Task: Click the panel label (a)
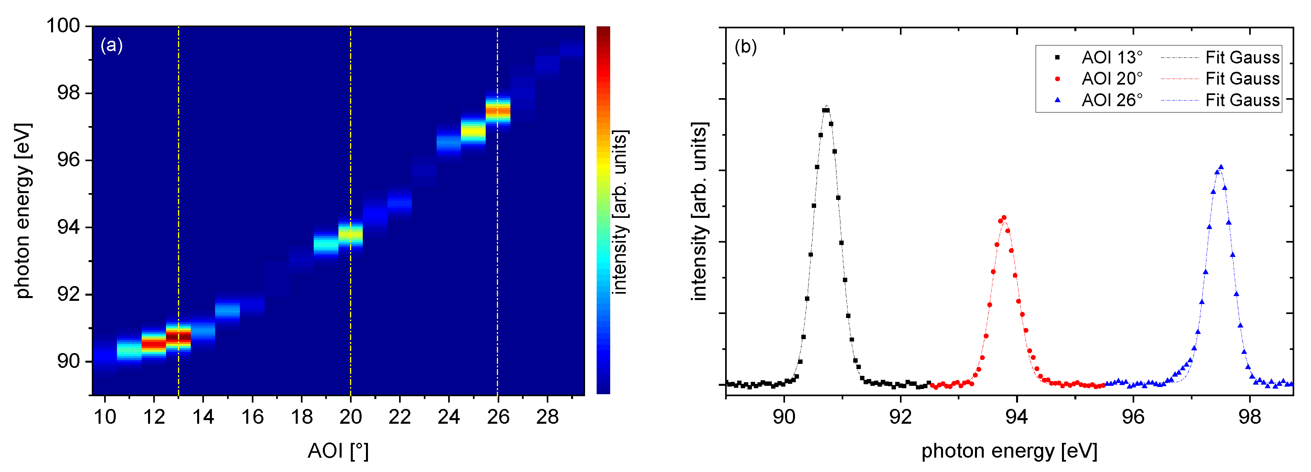111,46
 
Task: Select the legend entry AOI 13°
1111,57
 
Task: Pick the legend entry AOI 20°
1111,79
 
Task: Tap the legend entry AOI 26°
1111,100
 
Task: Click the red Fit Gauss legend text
1242,79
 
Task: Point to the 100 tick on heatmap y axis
63,26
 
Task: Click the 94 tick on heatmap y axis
68,227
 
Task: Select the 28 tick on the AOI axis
547,417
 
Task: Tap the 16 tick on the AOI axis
253,417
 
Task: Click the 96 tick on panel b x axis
1133,417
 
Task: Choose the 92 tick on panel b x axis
900,417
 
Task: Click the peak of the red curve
1004,218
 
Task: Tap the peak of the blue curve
1220,167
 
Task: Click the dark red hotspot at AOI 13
178,336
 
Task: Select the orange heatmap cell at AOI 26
497,110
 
